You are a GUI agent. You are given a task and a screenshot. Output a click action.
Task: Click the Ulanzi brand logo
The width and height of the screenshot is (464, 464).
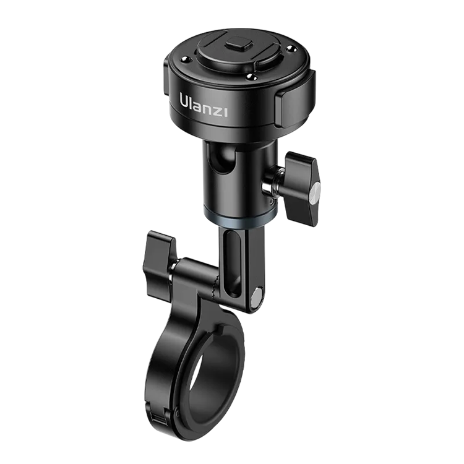pyautogui.click(x=204, y=105)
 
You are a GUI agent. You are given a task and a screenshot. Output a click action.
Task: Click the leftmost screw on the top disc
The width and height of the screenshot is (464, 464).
pyautogui.click(x=185, y=59)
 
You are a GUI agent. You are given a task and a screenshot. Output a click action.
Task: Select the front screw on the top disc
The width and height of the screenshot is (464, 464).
pyautogui.click(x=252, y=77)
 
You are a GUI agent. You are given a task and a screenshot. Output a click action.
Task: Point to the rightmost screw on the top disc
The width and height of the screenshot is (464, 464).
pyautogui.click(x=291, y=48)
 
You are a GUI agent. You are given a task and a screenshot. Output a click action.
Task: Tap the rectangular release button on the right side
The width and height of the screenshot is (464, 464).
pyautogui.click(x=295, y=106)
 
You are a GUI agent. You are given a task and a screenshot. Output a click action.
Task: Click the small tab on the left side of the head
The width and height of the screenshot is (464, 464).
pyautogui.click(x=166, y=67)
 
